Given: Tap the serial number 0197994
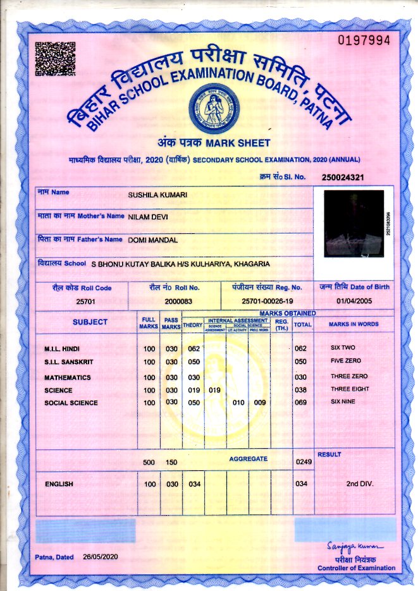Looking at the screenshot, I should coord(364,41).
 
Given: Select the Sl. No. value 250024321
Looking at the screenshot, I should coord(343,177).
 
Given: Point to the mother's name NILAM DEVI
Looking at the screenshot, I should coord(148,217).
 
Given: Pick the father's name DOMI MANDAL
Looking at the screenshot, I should coord(152,240).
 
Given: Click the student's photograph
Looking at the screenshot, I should coord(353,223).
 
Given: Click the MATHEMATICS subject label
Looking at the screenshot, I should coord(68,377).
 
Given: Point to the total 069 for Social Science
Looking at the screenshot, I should coord(301,403).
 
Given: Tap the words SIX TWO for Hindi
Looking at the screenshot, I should coord(344,348).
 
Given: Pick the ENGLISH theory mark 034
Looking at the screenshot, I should coord(194,484).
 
